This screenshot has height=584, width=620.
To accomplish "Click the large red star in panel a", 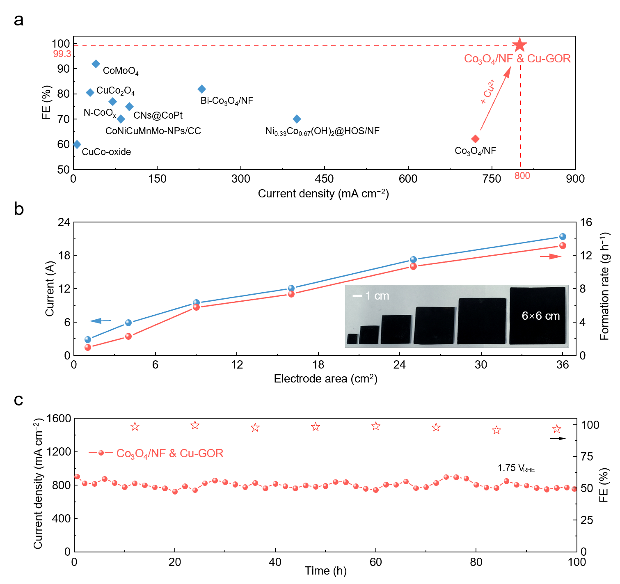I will (519, 45).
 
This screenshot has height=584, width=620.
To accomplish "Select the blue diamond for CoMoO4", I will (96, 64).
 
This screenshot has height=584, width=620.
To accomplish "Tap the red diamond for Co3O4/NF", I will (475, 139).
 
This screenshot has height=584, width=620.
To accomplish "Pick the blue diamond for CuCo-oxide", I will (77, 144).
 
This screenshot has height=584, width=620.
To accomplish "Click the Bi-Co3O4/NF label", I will (226, 101).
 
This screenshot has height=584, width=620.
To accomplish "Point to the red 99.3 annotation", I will (62, 54).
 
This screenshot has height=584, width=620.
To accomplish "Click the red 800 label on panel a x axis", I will (522, 176).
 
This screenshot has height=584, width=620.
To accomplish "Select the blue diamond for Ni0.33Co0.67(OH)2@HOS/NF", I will (297, 119).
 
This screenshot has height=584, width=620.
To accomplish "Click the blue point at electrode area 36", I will (563, 237).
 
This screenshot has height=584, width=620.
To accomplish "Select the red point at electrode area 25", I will (413, 266).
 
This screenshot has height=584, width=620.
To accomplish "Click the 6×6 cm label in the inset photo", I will (540, 316).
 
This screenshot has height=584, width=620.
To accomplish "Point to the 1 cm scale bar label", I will (377, 296).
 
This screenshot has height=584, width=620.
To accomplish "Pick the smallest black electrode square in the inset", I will (352, 339).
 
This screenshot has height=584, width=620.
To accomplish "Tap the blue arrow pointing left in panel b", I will (100, 321).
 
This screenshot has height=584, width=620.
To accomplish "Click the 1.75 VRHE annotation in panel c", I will (516, 468).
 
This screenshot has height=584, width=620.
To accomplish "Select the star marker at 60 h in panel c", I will (376, 426).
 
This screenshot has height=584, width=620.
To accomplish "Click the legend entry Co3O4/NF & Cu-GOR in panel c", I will (169, 453).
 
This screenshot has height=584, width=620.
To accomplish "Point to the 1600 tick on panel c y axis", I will (59, 419).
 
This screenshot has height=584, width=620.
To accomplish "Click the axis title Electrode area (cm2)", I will (325, 379).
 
